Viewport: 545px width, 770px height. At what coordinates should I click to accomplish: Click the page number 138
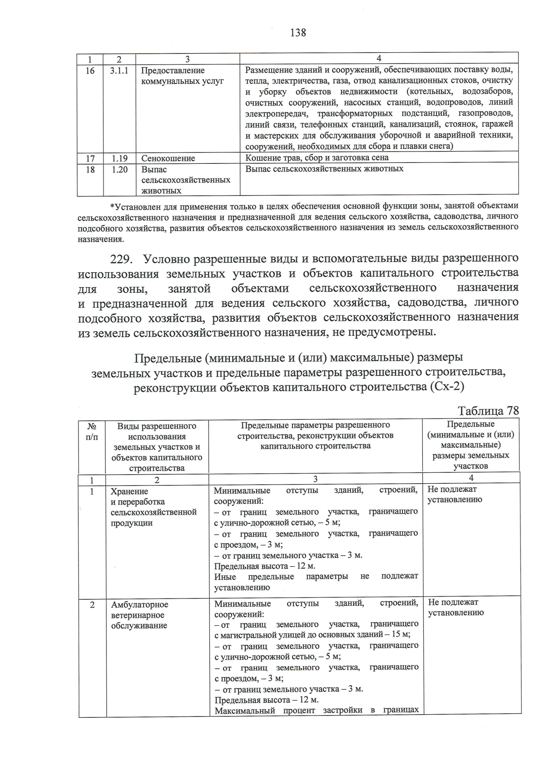297,33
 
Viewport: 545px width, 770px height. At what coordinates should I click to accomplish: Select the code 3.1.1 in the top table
119,71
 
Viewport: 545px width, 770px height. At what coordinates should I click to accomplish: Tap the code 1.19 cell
119,158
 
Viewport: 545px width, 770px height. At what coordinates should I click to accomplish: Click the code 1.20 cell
119,169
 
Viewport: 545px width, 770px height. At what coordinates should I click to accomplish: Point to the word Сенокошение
168,158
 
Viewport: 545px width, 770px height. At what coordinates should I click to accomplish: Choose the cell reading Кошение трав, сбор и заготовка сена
317,158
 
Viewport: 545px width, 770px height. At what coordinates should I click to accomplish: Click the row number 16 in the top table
90,71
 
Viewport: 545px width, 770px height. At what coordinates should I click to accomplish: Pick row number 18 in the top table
90,169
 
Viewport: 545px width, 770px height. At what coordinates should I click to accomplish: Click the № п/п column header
92,432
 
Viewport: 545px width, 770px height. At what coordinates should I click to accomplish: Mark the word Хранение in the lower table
129,491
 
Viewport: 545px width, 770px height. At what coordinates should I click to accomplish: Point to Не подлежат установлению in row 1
454,495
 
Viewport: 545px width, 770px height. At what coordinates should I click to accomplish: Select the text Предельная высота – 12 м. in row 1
264,566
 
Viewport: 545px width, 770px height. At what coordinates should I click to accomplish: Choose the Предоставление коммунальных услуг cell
182,76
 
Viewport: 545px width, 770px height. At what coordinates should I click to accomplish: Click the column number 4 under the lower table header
471,478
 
